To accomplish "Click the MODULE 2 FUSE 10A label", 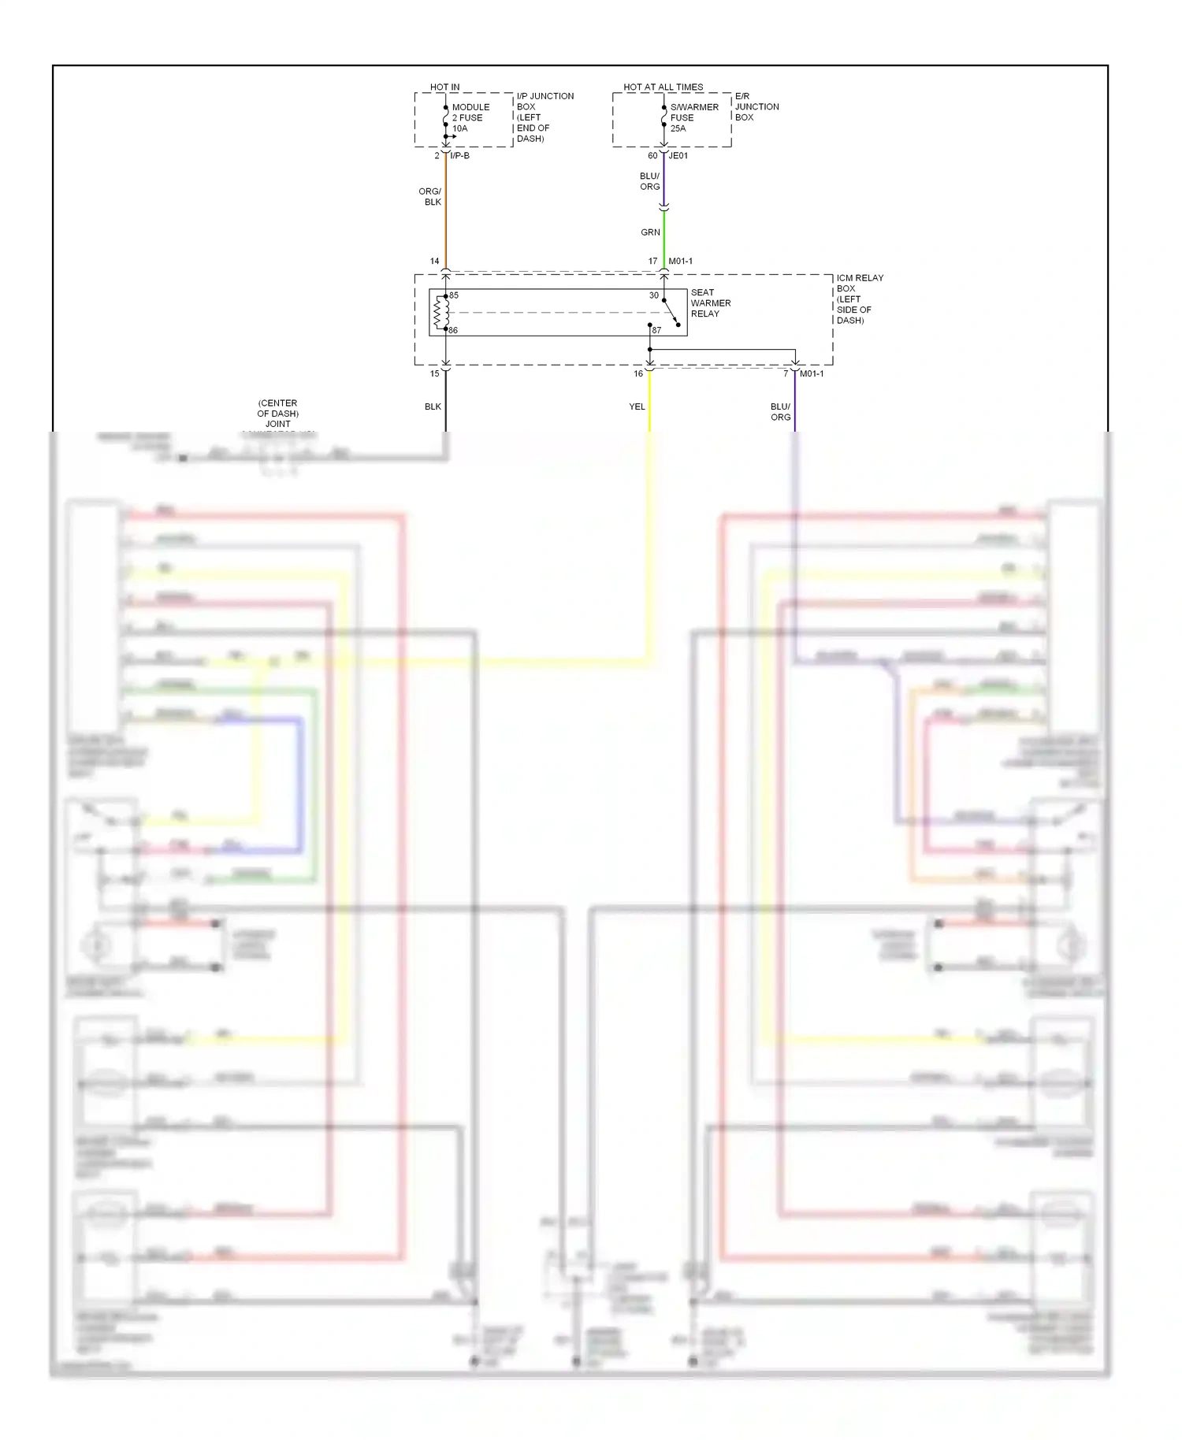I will coord(470,118).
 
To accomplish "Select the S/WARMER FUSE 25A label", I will coord(693,118).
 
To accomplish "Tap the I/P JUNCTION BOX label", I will coord(545,117).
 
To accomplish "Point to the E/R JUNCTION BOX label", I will coord(756,107).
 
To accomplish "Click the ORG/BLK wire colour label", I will coord(430,197).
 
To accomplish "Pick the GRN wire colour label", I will coord(650,232).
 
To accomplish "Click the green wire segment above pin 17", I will coord(664,236).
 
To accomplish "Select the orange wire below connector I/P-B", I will coord(446,213).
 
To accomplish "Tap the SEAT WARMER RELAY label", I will coord(710,303).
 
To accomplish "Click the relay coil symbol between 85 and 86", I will coord(440,313).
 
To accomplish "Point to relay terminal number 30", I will coord(654,295).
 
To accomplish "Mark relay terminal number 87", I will coord(656,330).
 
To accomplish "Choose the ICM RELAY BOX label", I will coord(859,299).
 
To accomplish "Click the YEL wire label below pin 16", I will coord(637,406).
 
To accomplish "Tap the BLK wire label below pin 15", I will coord(433,406).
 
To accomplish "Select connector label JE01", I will coord(678,156).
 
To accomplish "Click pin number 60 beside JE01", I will coord(652,156).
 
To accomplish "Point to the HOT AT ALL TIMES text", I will coord(663,87).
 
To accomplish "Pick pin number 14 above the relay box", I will coord(434,261).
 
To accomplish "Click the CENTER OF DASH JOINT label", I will coord(277,414).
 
